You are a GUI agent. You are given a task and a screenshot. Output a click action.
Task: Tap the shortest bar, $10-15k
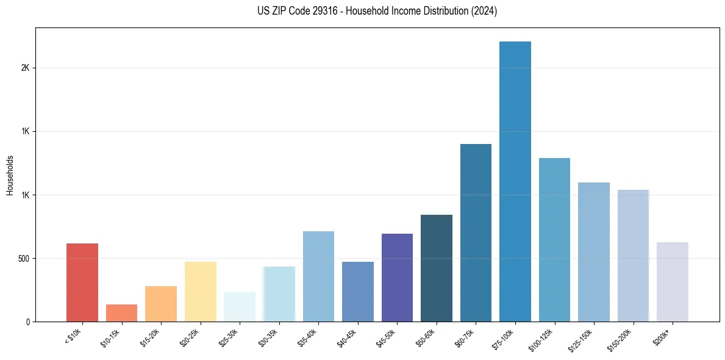121,313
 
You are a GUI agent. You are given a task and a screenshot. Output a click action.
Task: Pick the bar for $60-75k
476,232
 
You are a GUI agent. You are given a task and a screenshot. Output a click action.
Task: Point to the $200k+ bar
673,282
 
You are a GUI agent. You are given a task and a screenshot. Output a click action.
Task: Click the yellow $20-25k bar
201,292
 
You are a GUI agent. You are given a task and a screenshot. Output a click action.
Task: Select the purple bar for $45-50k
397,278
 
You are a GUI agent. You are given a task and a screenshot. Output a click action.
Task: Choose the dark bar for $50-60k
437,268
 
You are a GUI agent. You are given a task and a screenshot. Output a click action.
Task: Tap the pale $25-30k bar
240,306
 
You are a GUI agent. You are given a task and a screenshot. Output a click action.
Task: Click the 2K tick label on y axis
25,68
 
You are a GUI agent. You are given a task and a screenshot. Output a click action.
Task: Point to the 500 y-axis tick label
23,258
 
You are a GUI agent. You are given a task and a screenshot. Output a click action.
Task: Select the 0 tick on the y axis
27,322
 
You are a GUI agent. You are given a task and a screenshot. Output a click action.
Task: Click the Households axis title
10,175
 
